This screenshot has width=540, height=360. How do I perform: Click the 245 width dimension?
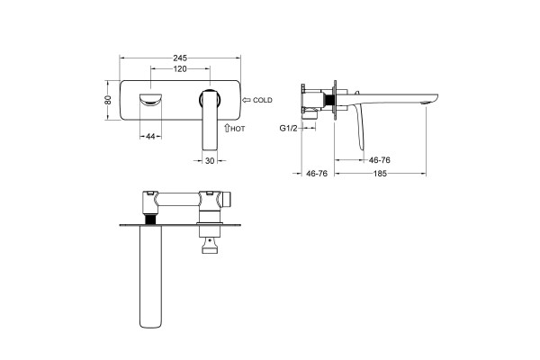(180, 58)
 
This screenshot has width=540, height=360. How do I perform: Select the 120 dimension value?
(180, 69)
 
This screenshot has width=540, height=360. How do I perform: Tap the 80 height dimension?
(108, 100)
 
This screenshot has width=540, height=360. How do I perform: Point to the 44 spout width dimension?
(150, 137)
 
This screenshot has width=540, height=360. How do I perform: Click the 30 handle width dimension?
(210, 160)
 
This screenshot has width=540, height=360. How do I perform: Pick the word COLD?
(263, 100)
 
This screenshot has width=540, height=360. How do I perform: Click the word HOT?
(238, 129)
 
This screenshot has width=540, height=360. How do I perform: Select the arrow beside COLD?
(247, 100)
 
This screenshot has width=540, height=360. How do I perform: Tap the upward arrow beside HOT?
(227, 128)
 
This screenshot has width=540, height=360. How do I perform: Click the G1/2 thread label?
(288, 129)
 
